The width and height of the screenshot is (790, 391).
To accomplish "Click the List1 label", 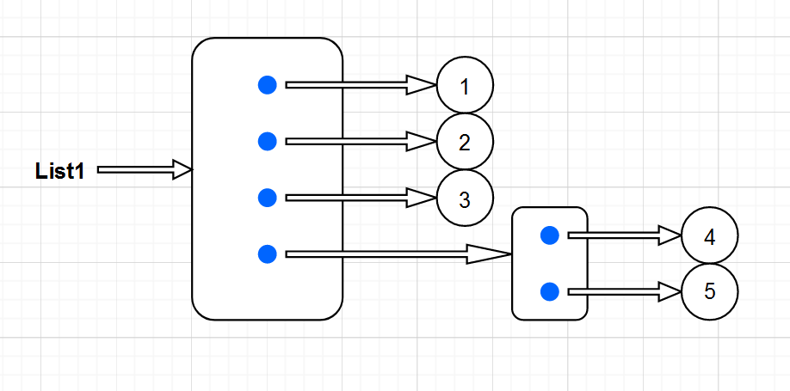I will (x=59, y=170).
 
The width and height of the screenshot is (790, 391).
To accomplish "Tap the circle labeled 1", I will (x=465, y=86).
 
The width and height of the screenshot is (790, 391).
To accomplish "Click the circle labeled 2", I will (x=465, y=142).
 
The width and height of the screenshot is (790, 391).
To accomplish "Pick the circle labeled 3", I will (x=465, y=199).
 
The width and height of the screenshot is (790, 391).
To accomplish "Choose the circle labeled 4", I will (x=709, y=236).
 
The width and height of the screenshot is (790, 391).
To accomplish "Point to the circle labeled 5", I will (x=709, y=291).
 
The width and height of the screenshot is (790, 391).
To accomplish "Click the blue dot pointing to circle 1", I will (x=268, y=84).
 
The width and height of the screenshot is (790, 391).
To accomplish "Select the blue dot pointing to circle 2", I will (x=268, y=141).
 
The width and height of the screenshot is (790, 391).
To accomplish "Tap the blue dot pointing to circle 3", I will (x=268, y=198).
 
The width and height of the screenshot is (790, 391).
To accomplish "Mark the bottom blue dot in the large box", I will (x=268, y=254).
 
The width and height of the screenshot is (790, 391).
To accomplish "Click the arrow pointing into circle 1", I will (x=361, y=84).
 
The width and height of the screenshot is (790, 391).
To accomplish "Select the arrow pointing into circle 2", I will (x=361, y=141).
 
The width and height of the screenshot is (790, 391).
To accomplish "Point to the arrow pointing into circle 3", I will (x=361, y=198).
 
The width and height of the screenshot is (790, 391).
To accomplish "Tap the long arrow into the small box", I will (x=396, y=254).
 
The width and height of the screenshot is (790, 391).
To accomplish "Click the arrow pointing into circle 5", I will (x=624, y=291).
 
